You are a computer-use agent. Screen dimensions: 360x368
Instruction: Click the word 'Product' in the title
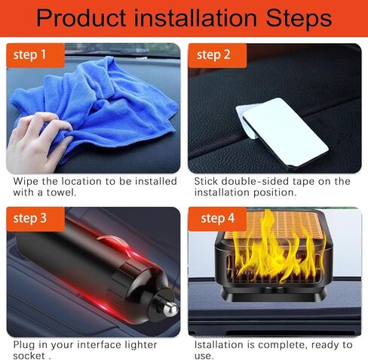(x=84, y=17)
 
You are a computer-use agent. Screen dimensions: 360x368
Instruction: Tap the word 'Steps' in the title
(x=296, y=17)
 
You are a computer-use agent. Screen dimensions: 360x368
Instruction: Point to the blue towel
(x=113, y=98)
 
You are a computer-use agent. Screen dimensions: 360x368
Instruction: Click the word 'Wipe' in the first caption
(x=26, y=181)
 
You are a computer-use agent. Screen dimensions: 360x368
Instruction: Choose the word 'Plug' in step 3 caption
(x=25, y=345)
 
